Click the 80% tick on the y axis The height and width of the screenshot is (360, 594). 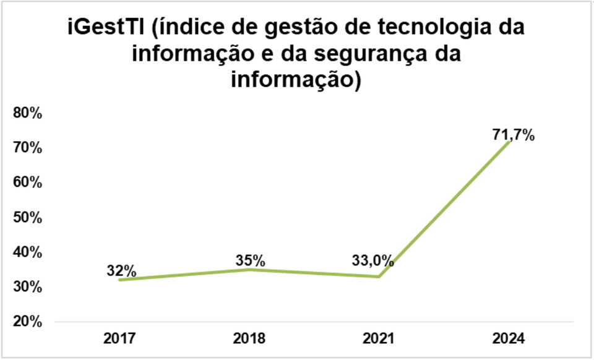(x=27, y=113)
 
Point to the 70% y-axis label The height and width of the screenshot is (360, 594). (x=27, y=148)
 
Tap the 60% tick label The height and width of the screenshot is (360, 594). (x=27, y=182)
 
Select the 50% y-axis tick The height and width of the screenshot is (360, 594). (x=27, y=218)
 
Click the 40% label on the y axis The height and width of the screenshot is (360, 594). (x=27, y=252)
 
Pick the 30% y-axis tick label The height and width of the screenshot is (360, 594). (x=27, y=287)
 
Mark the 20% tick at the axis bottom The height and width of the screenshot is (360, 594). (x=27, y=322)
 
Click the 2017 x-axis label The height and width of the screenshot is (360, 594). (x=120, y=338)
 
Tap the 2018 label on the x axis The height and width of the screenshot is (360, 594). (x=249, y=338)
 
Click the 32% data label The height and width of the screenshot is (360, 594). (x=121, y=270)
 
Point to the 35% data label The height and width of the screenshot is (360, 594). (x=250, y=260)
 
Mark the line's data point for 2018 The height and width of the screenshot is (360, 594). (x=249, y=269)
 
